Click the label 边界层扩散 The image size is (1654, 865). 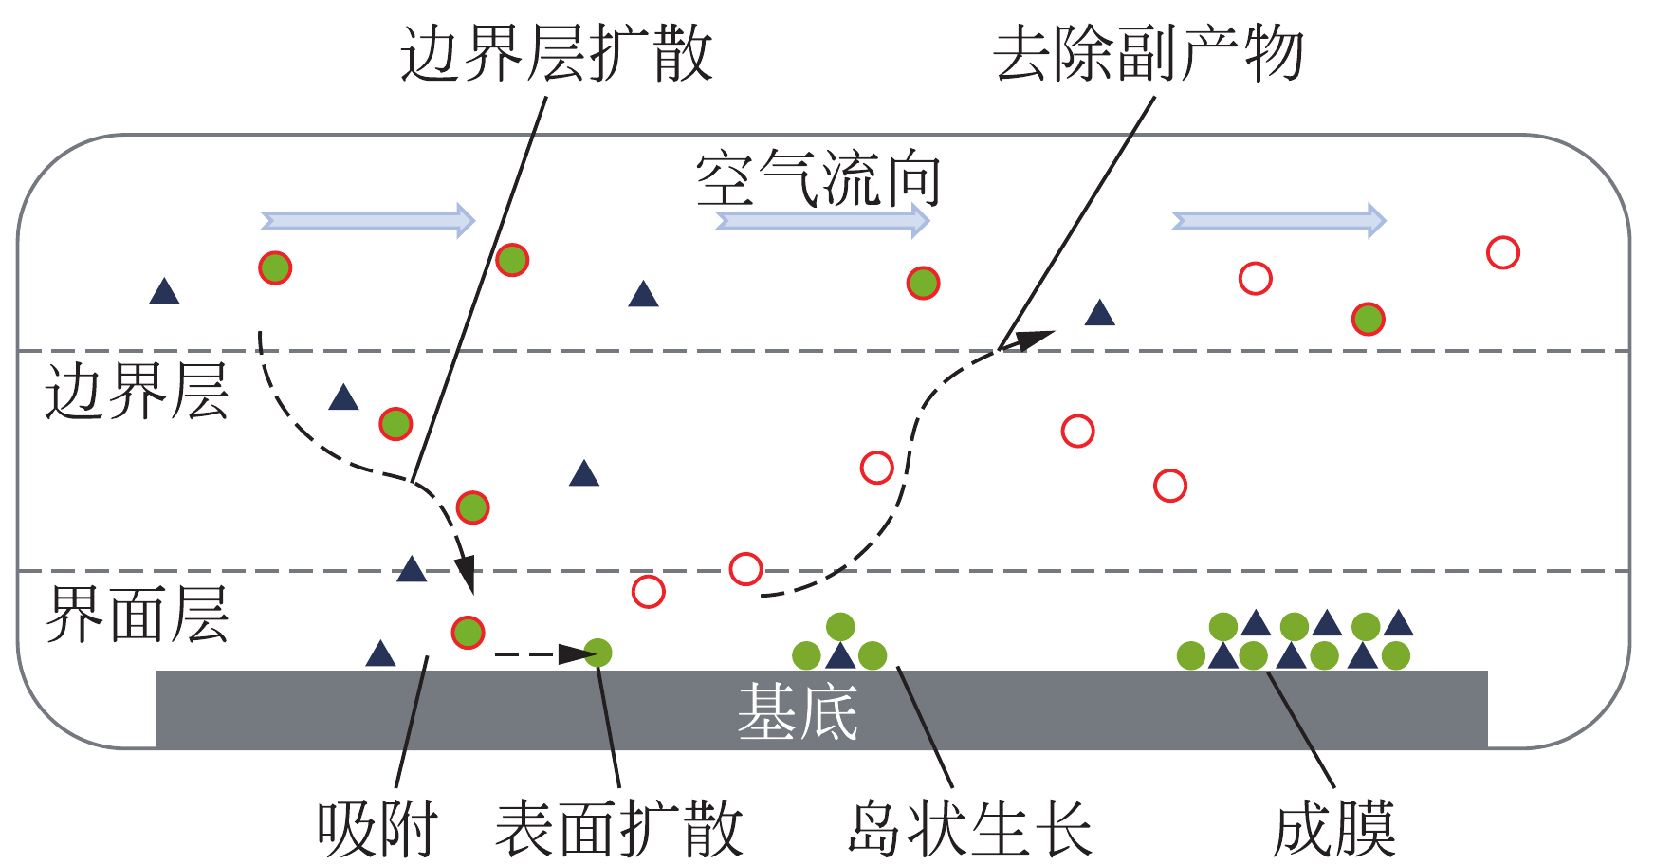click(x=556, y=53)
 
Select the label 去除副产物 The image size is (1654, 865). click(x=1149, y=53)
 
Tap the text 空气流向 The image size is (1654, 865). click(x=818, y=179)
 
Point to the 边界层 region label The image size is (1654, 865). click(x=137, y=391)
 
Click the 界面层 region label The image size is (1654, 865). click(x=137, y=614)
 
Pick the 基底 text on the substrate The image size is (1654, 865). click(x=798, y=711)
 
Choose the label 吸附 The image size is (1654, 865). click(x=377, y=828)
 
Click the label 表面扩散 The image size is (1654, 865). click(x=618, y=828)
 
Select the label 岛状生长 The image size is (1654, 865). click(x=969, y=828)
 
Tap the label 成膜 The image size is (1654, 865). click(x=1334, y=828)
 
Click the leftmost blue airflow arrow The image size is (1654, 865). click(x=368, y=220)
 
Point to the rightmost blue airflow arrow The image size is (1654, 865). click(x=1279, y=220)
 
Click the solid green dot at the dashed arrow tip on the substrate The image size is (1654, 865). click(x=597, y=653)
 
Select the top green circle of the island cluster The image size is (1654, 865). click(x=840, y=626)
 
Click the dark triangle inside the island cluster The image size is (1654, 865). click(x=840, y=655)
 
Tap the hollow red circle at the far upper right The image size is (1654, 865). click(x=1503, y=252)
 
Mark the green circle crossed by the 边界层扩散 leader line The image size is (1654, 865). click(x=512, y=260)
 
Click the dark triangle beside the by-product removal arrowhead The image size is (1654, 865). click(x=1099, y=313)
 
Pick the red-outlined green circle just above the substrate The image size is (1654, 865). click(x=468, y=633)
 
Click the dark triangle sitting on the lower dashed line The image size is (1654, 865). click(x=412, y=569)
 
